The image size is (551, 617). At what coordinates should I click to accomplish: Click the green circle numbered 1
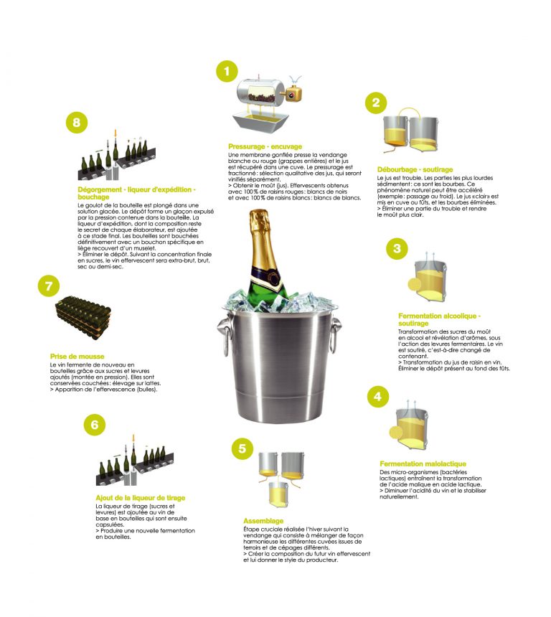(x=227, y=71)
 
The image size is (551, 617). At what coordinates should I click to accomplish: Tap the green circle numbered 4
(x=378, y=397)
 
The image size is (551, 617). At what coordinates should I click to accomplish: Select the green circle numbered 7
(x=49, y=286)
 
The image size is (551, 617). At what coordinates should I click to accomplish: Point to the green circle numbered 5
(x=242, y=448)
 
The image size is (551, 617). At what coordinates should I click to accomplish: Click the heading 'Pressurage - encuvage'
(x=265, y=147)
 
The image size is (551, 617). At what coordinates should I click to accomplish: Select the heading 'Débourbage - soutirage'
(x=415, y=169)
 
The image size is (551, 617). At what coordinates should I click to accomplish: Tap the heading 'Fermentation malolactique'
(x=423, y=464)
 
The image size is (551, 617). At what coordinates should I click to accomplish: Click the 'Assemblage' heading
(x=263, y=521)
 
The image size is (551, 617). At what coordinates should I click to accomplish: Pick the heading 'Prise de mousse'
(x=77, y=357)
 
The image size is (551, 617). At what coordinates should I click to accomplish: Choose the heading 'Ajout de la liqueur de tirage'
(x=140, y=498)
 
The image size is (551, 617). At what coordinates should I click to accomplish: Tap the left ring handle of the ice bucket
(x=224, y=336)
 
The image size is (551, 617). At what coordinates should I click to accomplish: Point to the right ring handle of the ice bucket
(x=335, y=335)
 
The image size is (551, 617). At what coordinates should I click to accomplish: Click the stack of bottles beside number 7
(x=83, y=317)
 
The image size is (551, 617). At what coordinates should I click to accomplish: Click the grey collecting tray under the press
(x=260, y=123)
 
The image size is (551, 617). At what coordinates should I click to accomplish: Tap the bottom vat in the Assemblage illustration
(x=278, y=494)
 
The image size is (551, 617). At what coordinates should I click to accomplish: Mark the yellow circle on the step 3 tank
(x=414, y=284)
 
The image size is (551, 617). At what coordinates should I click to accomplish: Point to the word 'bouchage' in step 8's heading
(x=93, y=197)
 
